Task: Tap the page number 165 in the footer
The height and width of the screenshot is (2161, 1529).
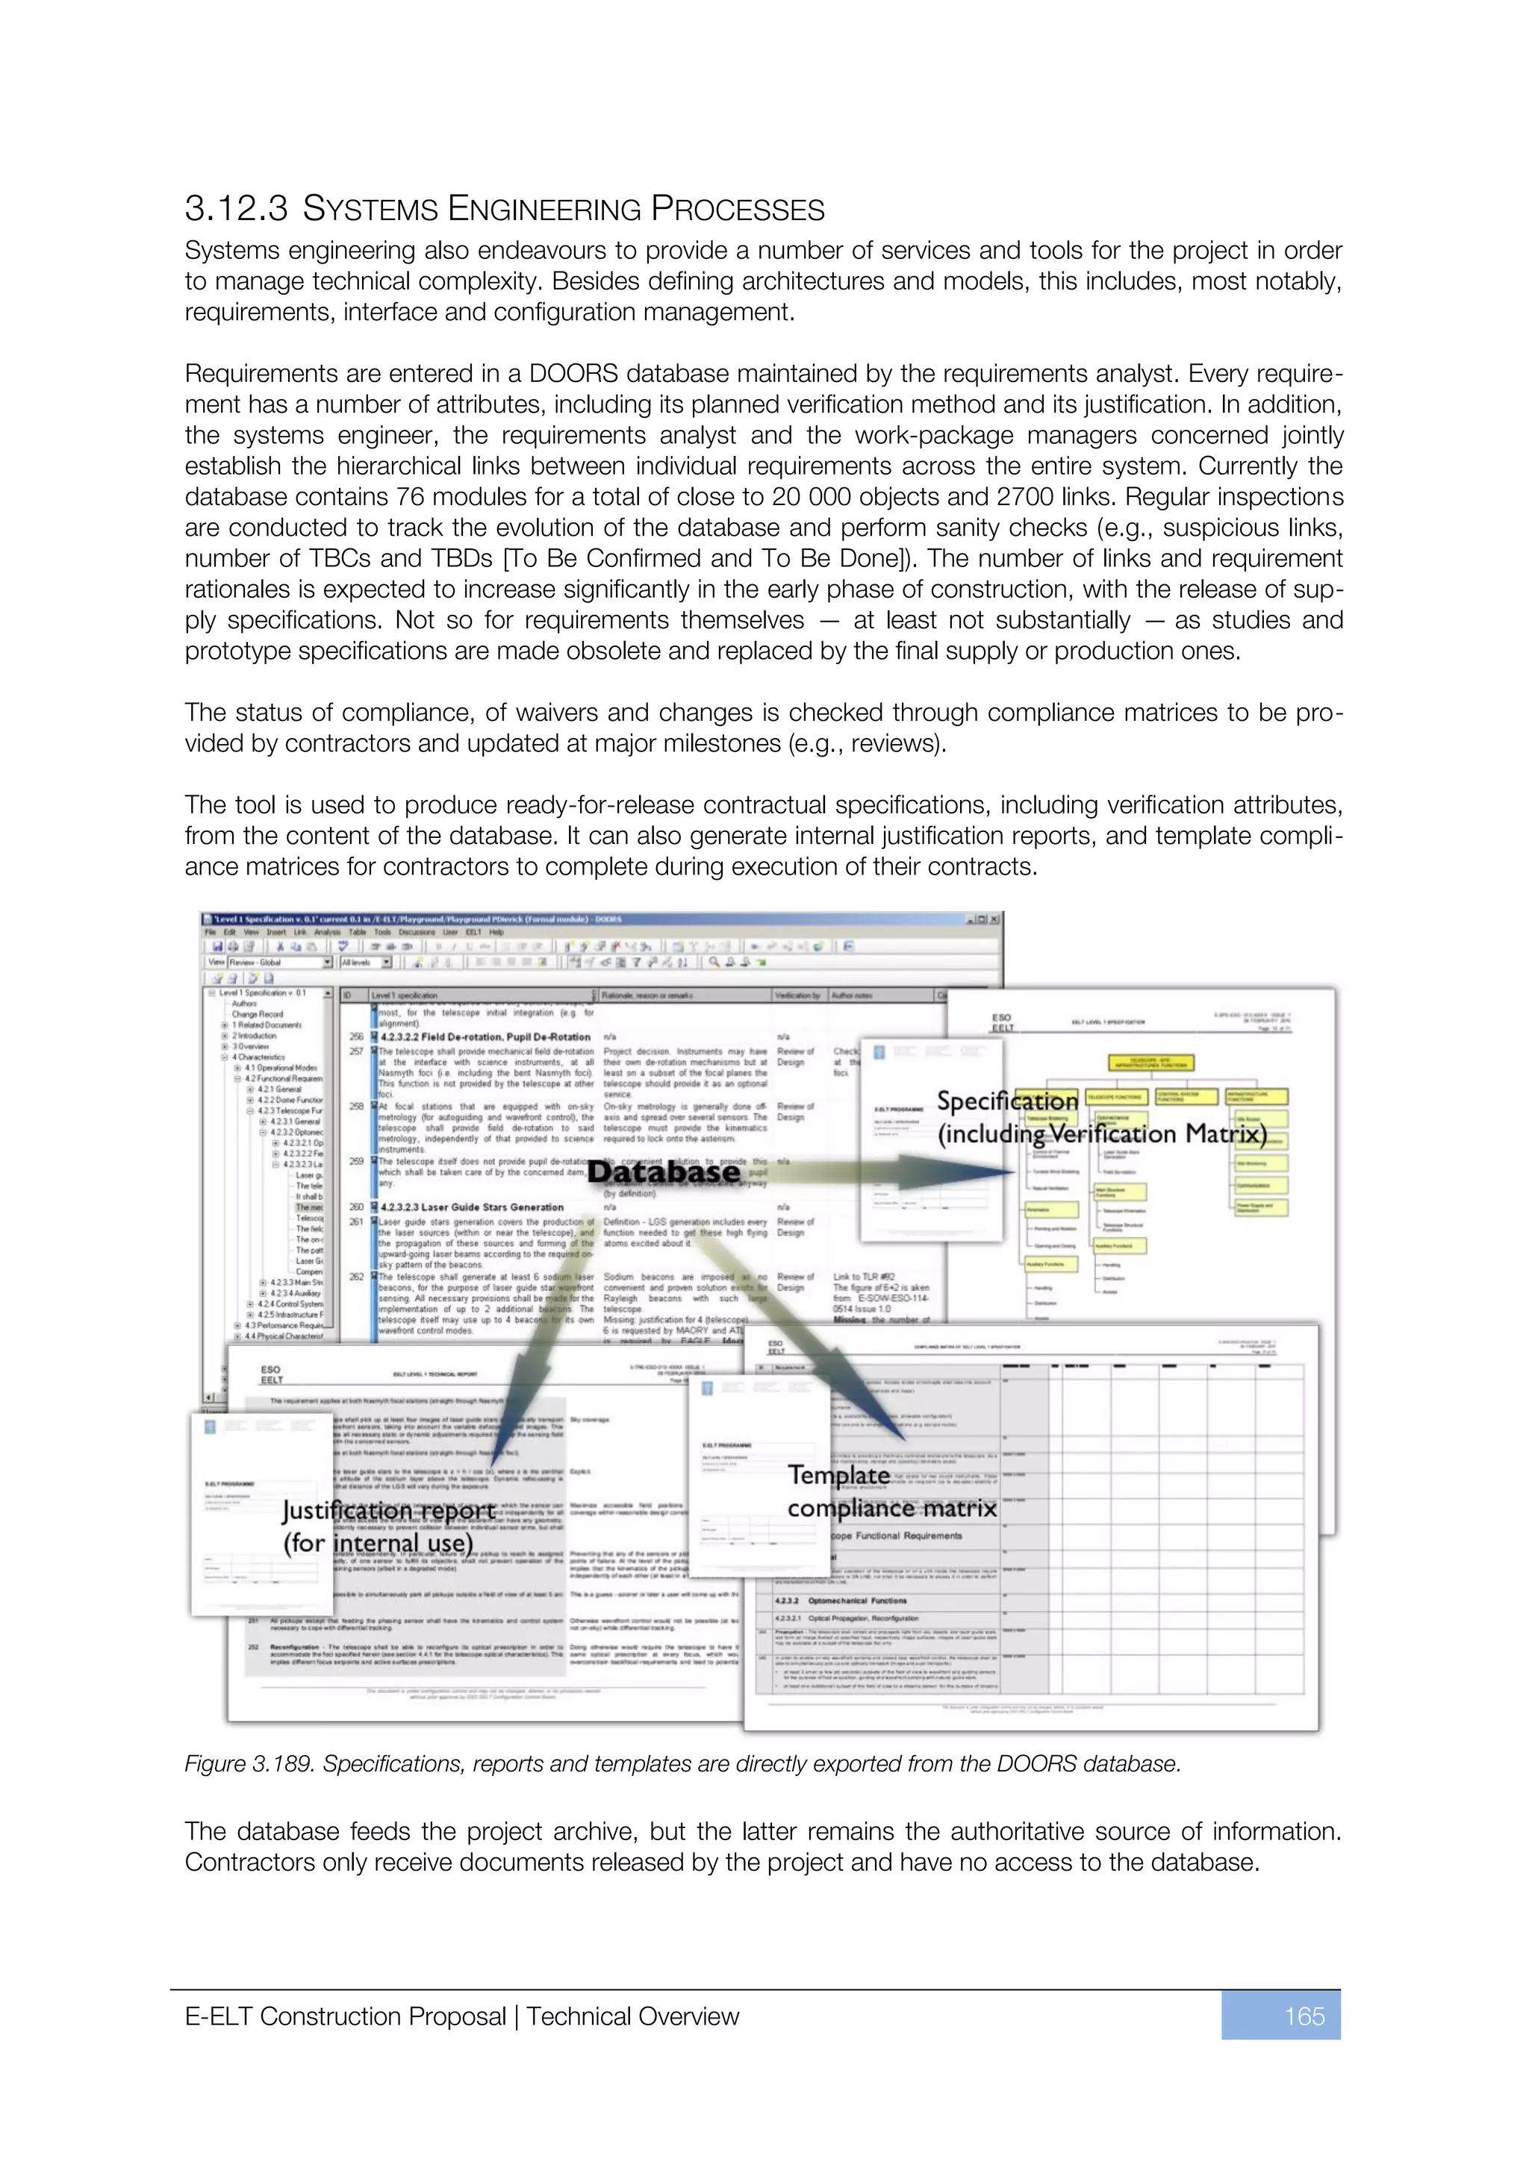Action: click(1304, 2016)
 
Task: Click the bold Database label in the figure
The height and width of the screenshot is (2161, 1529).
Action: click(664, 1172)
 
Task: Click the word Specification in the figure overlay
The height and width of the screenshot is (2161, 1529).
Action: click(1006, 1101)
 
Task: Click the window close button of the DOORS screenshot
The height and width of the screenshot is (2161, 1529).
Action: click(995, 919)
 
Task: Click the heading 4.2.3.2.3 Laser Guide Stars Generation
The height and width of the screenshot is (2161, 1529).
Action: click(472, 1207)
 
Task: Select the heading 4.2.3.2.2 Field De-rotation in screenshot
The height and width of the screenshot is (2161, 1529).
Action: click(485, 1036)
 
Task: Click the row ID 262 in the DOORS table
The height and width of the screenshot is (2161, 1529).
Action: click(357, 1277)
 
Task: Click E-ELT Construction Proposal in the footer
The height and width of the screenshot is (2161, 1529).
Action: click(345, 2016)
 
